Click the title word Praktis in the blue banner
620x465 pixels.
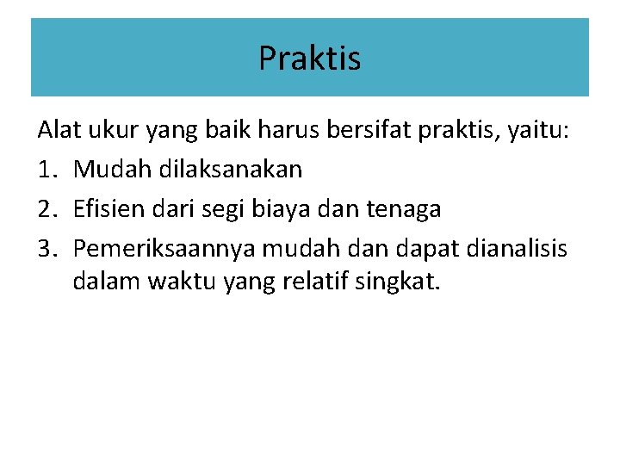click(x=309, y=59)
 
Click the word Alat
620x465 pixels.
click(x=55, y=131)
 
